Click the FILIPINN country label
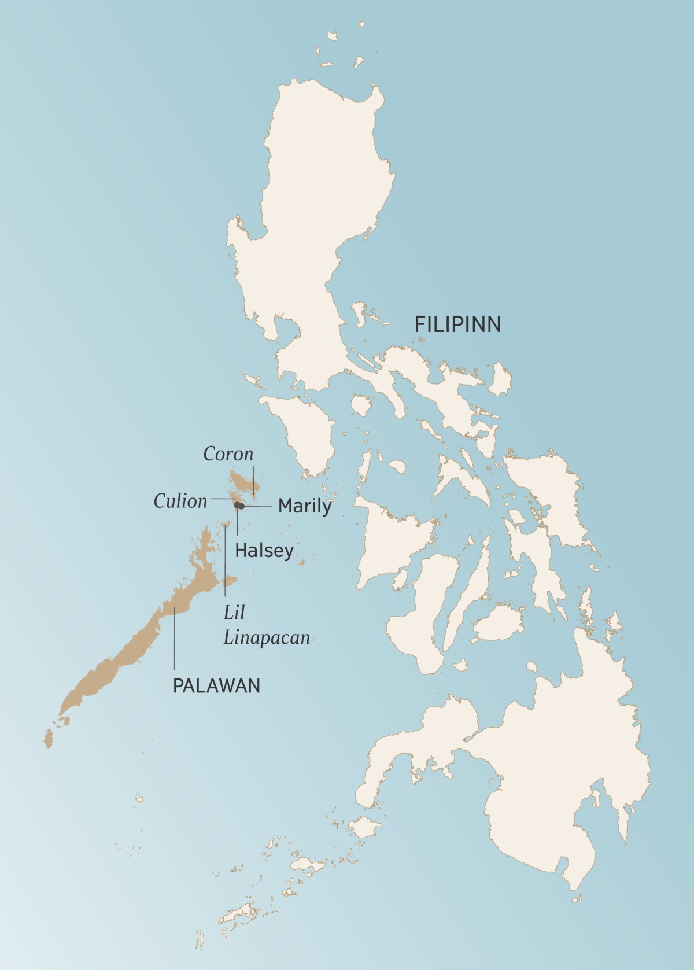pos(457,324)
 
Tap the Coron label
pos(228,454)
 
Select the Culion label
pos(180,501)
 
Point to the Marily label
pos(305,506)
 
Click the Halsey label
pos(264,550)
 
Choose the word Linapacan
pos(267,637)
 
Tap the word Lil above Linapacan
pos(234,613)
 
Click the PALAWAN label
pos(217,685)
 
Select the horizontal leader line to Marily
pos(257,506)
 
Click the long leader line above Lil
pos(224,561)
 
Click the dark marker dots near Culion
pos(238,506)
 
